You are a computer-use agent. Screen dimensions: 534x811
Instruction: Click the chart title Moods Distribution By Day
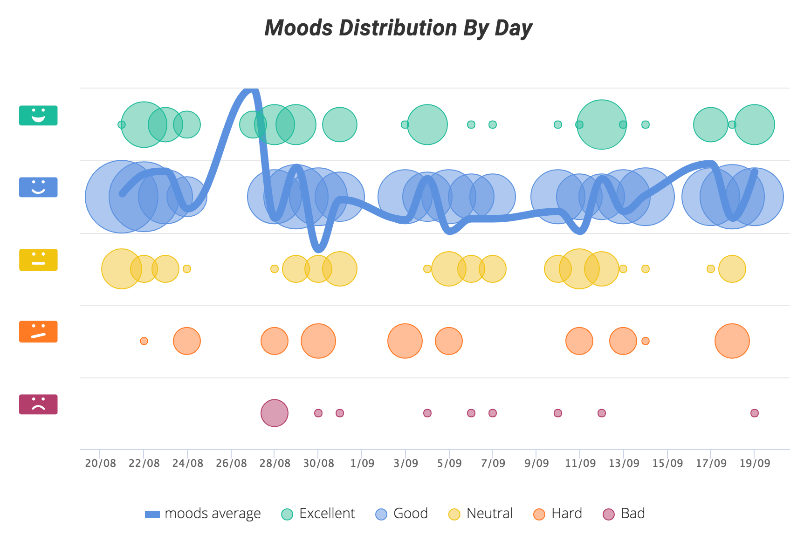coord(398,28)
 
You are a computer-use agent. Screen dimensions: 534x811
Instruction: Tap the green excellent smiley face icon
coord(38,116)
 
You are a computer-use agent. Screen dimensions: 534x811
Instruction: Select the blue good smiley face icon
coord(38,187)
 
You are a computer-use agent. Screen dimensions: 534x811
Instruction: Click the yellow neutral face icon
coord(38,260)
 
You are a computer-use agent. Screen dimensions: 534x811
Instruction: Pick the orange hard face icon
coord(38,332)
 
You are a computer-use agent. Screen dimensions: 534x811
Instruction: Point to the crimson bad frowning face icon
coord(38,404)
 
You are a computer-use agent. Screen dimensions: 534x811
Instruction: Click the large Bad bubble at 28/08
coord(275,413)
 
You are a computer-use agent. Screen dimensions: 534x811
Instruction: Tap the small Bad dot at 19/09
coord(754,413)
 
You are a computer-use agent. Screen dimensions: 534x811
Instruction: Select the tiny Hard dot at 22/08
coord(144,341)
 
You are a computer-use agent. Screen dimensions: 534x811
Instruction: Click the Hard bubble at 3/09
coord(405,341)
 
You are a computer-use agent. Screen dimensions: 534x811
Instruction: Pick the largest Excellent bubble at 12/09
coord(601,124)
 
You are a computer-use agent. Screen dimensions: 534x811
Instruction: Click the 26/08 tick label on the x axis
coord(231,463)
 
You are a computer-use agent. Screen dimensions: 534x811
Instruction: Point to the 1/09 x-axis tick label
coord(362,463)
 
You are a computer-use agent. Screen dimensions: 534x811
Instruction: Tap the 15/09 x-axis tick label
coord(667,463)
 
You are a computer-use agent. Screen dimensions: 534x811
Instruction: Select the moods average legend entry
coord(203,513)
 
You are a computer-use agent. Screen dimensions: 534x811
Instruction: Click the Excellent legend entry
coord(318,513)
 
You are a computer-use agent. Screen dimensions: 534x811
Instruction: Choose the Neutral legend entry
coord(481,513)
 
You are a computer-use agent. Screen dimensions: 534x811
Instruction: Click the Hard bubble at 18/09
coord(732,341)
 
